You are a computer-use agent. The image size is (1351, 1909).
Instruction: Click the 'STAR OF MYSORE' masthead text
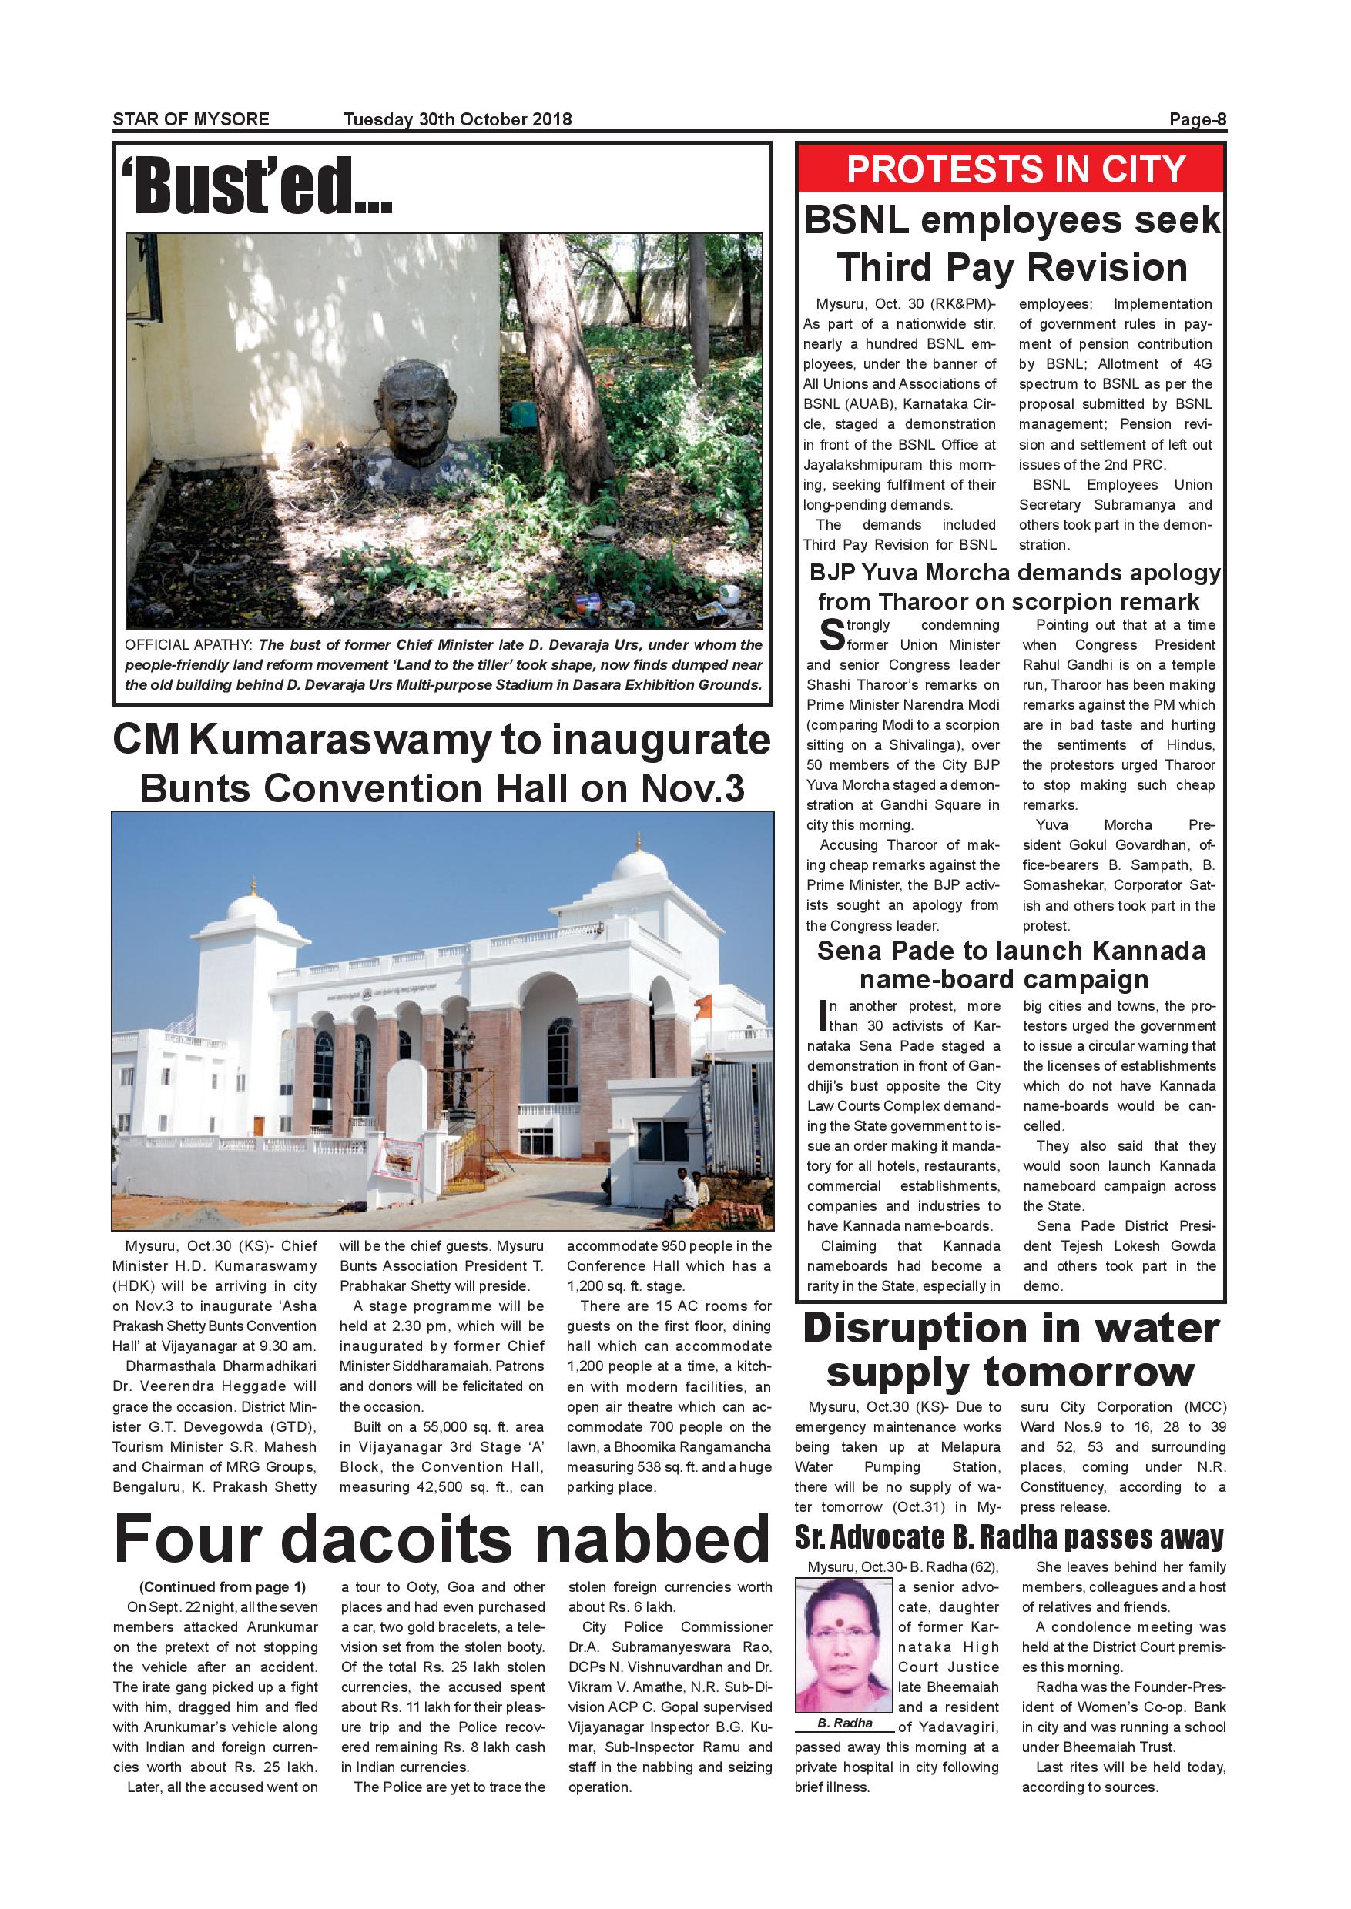[x=190, y=119]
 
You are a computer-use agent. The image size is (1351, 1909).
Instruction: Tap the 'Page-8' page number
[x=1197, y=119]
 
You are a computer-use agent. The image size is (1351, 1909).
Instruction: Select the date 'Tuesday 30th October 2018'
[x=458, y=119]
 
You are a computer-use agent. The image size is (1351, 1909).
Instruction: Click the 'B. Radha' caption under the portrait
[x=843, y=1723]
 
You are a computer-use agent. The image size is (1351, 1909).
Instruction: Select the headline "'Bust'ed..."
[x=256, y=186]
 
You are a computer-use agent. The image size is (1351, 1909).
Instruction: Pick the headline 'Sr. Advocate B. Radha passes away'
[x=1009, y=1537]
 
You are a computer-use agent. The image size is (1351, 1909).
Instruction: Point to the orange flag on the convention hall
[x=705, y=1008]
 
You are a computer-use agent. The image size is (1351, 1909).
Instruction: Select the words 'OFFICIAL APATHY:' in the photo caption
[x=189, y=645]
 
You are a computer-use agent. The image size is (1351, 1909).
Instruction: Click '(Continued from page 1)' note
[x=222, y=1587]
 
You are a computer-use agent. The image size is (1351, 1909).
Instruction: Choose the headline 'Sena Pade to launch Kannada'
[x=1010, y=951]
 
